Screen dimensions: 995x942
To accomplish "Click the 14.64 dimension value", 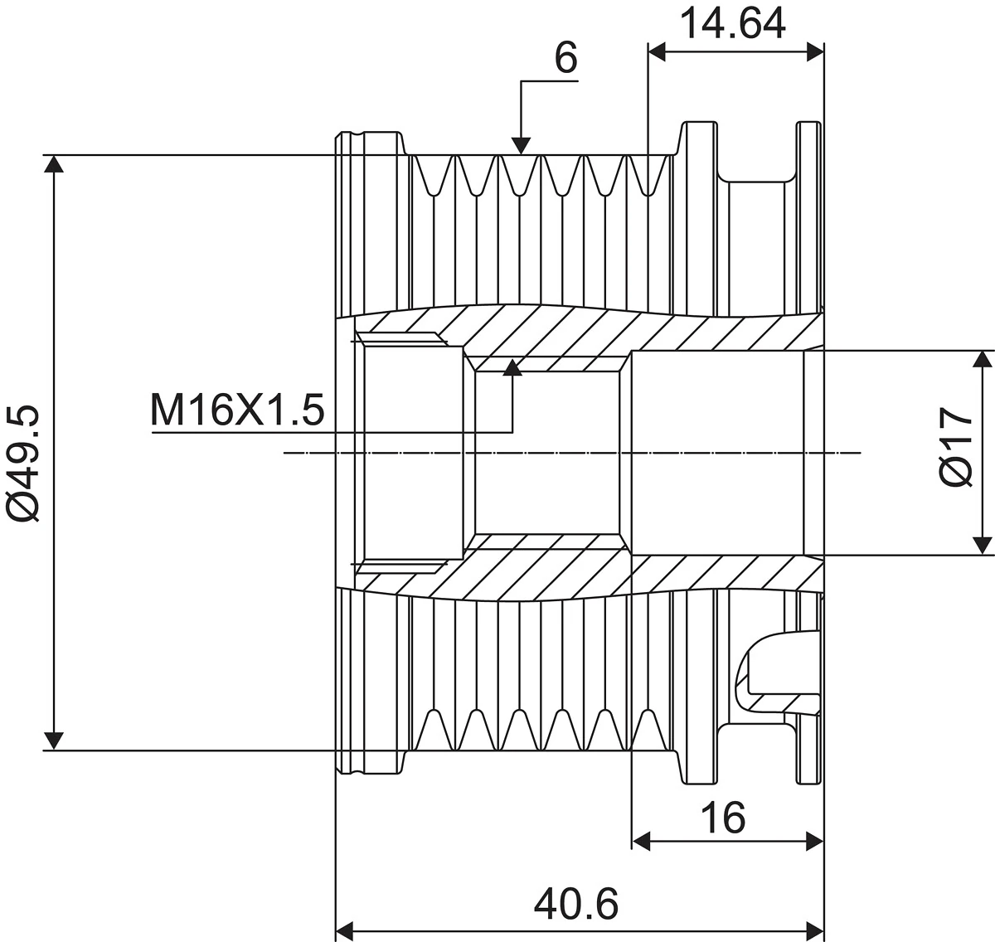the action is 734,24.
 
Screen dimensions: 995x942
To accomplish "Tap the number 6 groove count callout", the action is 565,58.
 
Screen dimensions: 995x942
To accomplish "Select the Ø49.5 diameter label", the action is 23,464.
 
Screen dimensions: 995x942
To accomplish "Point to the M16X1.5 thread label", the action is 237,410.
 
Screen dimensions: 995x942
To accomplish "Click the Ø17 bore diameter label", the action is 956,448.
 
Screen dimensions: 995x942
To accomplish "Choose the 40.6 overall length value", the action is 576,905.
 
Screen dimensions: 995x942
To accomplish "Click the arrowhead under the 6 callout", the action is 521,146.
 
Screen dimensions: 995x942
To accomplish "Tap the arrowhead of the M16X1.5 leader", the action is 512,367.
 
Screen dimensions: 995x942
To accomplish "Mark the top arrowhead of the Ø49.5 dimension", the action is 54,164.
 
